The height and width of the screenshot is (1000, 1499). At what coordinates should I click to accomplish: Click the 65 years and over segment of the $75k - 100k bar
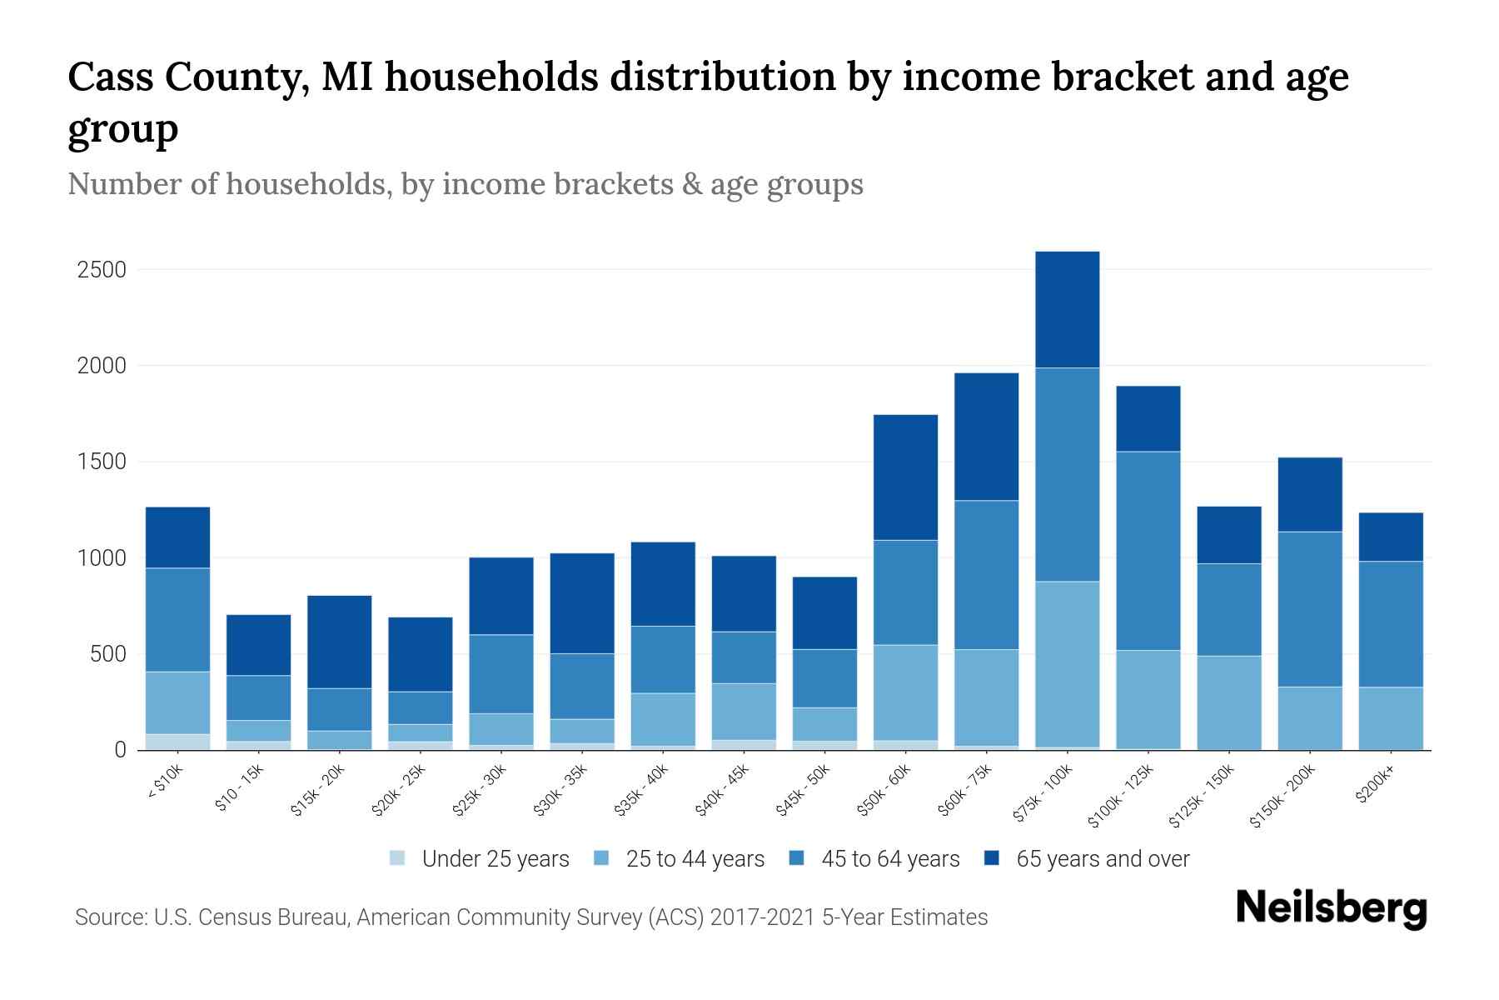coord(1067,309)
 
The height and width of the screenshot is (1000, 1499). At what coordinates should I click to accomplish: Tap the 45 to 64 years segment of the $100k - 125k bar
coord(1148,550)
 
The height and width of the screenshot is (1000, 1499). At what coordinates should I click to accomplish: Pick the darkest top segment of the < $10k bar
coord(177,537)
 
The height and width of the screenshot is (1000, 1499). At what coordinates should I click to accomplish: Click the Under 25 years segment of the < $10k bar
coord(177,742)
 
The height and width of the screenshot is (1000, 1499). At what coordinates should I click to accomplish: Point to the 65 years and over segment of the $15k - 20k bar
coord(339,641)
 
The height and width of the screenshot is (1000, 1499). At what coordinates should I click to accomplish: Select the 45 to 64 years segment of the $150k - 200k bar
coord(1309,608)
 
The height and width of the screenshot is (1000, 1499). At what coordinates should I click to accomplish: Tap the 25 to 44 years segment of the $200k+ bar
coord(1390,717)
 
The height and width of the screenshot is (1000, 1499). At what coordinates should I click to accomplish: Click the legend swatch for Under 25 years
coord(398,858)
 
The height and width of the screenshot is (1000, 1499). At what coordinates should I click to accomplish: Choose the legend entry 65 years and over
coord(1102,859)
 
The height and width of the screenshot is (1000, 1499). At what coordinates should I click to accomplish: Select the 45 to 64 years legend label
coord(889,859)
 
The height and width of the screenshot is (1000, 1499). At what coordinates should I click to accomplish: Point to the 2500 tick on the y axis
coord(102,270)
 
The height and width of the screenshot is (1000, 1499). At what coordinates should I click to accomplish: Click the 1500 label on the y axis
coord(102,462)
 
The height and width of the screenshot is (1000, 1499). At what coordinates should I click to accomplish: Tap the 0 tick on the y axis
coord(120,750)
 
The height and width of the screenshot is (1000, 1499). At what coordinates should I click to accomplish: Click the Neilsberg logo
coord(1331,908)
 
